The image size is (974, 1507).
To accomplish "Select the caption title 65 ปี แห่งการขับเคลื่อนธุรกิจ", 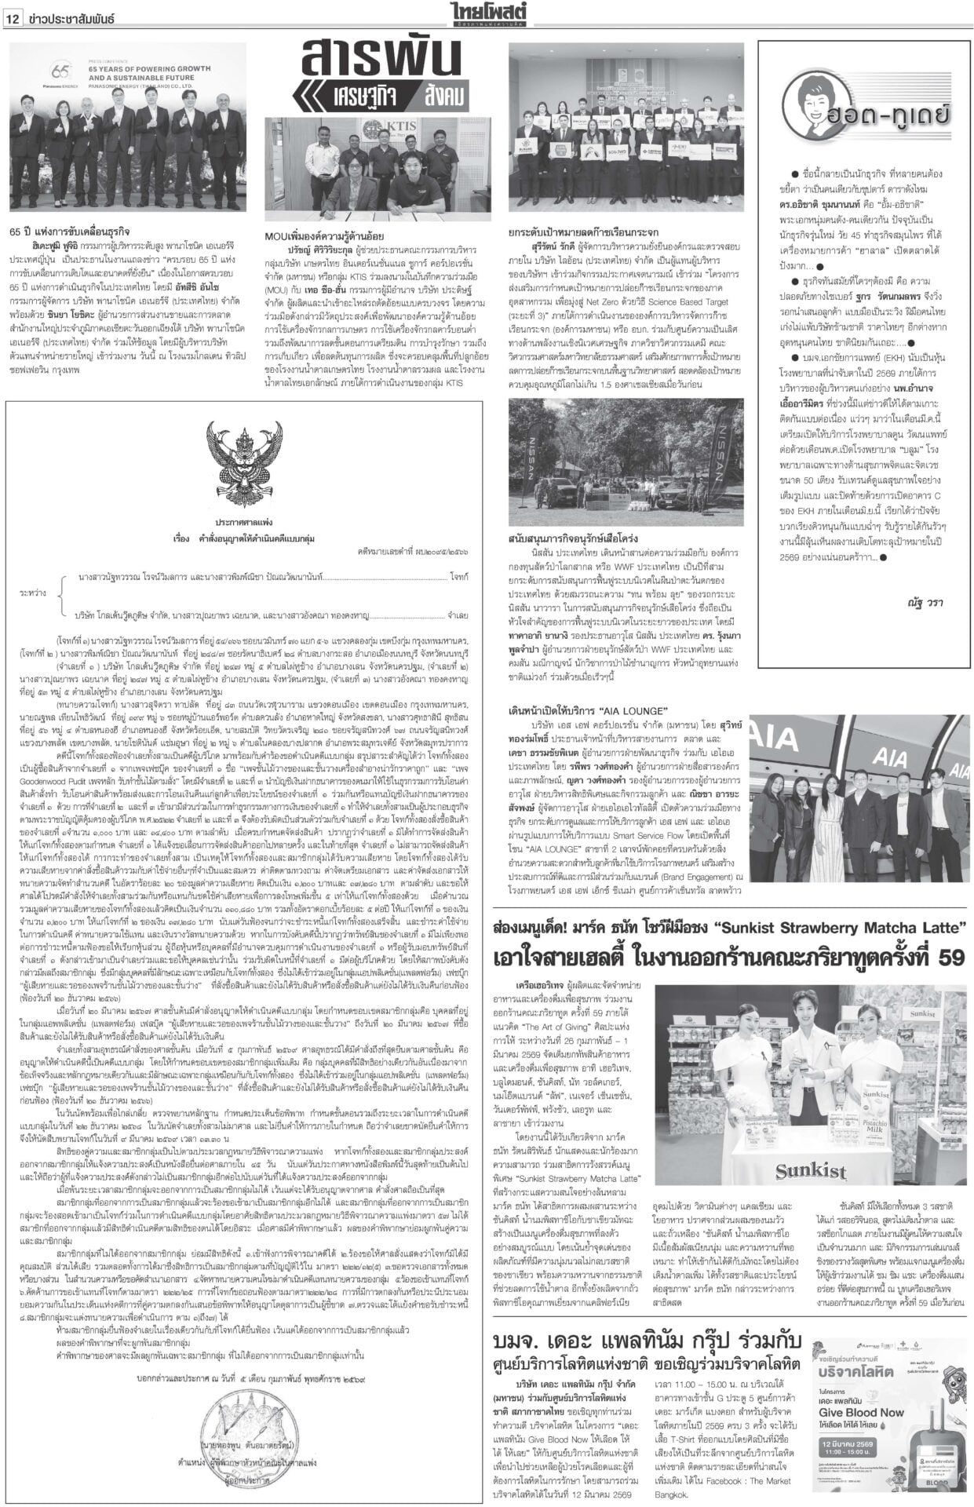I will (59, 233).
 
